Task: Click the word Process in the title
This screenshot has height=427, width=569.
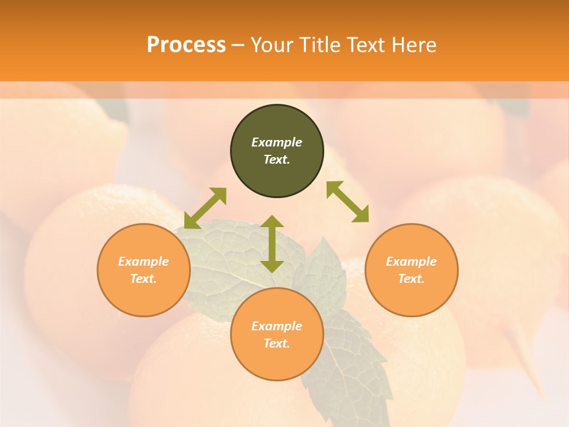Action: point(186,45)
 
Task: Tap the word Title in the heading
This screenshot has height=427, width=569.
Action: point(322,45)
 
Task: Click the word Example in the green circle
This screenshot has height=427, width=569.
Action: point(277,142)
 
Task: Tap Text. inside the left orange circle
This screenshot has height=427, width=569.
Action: point(143,279)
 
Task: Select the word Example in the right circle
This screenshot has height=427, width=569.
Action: point(411,262)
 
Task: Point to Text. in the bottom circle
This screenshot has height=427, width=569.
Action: point(277,343)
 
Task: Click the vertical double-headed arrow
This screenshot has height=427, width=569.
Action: point(272,244)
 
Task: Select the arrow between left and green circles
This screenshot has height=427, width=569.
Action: point(205,208)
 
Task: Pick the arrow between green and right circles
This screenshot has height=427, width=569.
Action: point(348,202)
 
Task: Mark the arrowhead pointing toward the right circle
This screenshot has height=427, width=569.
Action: point(361,215)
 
